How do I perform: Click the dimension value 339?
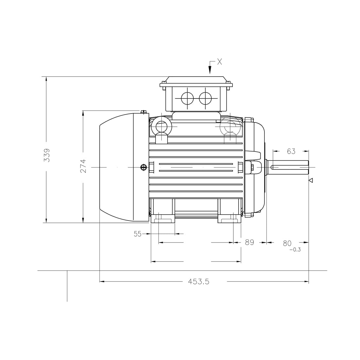[47, 155]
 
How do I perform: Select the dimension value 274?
[83, 166]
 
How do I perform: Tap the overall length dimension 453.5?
[199, 281]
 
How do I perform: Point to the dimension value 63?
[291, 151]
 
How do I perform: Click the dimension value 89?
[249, 243]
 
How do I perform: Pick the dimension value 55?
[137, 234]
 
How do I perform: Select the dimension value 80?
[287, 243]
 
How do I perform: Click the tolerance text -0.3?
[295, 250]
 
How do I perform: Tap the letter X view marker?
[220, 62]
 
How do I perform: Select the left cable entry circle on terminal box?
[187, 98]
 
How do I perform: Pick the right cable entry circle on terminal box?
[205, 98]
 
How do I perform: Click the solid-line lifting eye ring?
[161, 126]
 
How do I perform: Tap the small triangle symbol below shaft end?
[311, 180]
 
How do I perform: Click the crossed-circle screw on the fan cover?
[143, 167]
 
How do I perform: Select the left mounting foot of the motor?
[163, 211]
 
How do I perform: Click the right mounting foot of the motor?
[230, 211]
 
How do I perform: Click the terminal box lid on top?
[196, 81]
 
